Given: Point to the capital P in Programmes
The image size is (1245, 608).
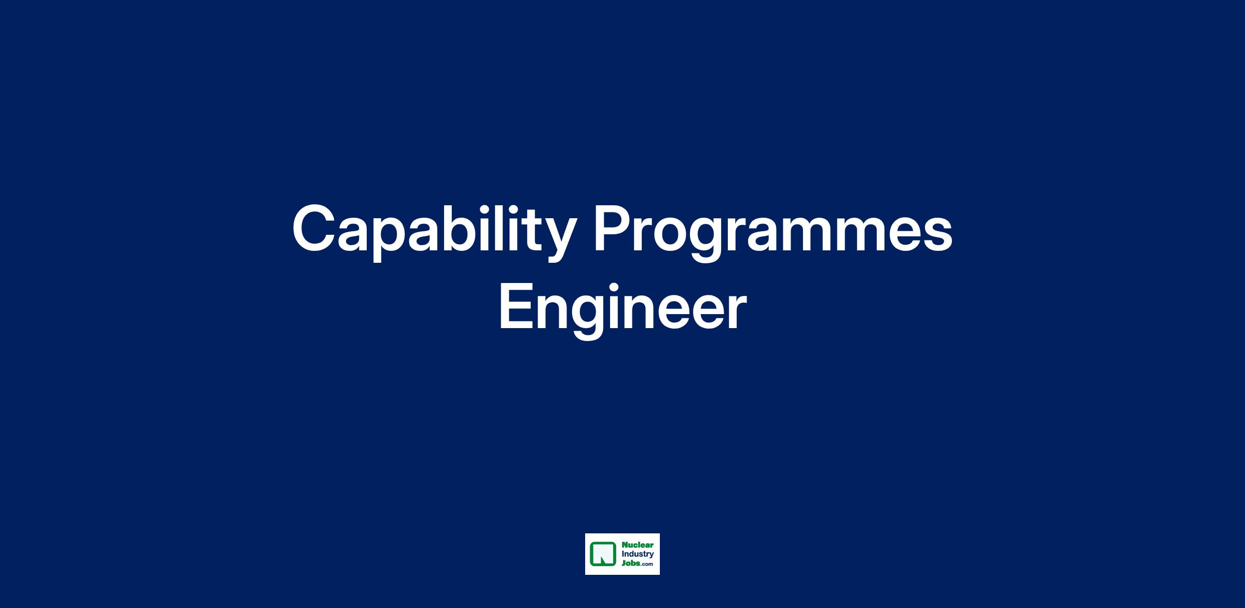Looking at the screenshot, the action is point(613,228).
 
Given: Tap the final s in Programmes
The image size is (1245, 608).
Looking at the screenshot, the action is point(938,235).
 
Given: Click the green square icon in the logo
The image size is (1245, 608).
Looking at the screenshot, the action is point(603,554).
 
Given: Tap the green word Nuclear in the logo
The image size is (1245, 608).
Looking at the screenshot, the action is point(638,545).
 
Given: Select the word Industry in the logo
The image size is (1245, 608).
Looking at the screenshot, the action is point(638,555).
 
